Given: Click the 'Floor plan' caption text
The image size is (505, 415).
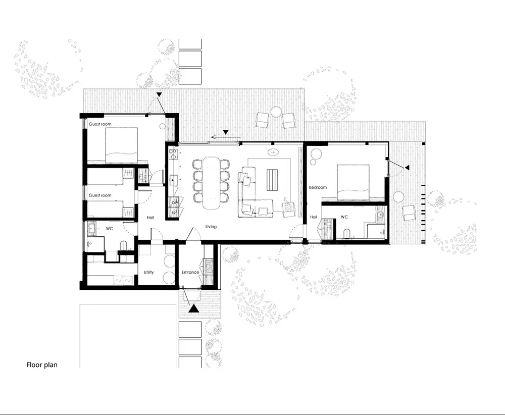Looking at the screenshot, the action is click(x=42, y=365).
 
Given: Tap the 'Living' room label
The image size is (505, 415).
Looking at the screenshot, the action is click(x=211, y=227).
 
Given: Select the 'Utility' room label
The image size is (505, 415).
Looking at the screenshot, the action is click(x=148, y=272).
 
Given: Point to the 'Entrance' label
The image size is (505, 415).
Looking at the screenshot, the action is click(x=190, y=272).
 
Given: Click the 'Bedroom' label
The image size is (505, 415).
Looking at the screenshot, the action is click(x=318, y=187).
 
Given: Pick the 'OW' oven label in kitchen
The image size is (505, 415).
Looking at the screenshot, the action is click(x=175, y=203).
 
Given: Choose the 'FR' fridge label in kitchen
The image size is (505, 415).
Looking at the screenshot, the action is click(x=174, y=213).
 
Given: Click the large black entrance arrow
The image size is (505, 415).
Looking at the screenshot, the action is click(x=193, y=308).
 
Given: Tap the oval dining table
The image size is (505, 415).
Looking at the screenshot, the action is click(x=211, y=183).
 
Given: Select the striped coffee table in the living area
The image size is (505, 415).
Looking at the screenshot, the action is click(x=272, y=181).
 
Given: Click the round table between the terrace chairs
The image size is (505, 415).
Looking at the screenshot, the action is click(x=276, y=112).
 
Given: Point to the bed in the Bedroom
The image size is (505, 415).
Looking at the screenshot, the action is click(x=353, y=183).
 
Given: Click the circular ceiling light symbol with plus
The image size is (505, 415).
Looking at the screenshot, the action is click(x=273, y=152).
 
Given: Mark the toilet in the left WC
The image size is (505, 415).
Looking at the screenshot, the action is click(x=123, y=246).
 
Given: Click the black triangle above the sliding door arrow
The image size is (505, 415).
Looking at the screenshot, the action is click(x=226, y=132).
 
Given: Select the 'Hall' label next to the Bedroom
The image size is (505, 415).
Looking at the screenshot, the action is click(x=314, y=217).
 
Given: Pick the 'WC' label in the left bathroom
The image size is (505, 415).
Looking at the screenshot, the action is click(x=110, y=229).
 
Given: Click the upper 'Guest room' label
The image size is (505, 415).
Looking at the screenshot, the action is click(x=100, y=124).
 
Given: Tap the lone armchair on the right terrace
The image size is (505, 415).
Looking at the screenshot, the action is click(x=409, y=213).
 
